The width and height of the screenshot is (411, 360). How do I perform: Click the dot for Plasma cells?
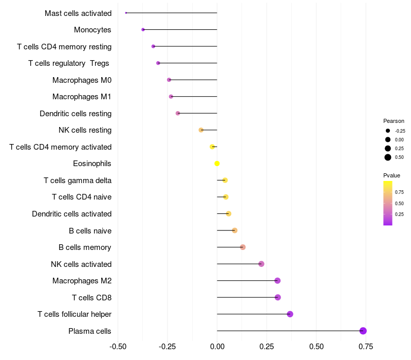pyautogui.click(x=363, y=331)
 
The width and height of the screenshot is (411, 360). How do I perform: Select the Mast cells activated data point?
pyautogui.click(x=126, y=13)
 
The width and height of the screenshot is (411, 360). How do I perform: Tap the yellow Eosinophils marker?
pyautogui.click(x=217, y=164)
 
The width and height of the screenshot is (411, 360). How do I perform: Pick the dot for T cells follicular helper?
pyautogui.click(x=290, y=314)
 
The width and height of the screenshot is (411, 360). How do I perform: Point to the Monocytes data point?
pyautogui.click(x=143, y=30)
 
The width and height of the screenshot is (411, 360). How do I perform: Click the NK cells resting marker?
pyautogui.click(x=201, y=130)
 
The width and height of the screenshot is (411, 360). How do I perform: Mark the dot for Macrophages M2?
pyautogui.click(x=277, y=281)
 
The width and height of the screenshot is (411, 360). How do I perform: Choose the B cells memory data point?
pyautogui.click(x=242, y=247)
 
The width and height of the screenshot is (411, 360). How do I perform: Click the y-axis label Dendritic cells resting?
pyautogui.click(x=76, y=113)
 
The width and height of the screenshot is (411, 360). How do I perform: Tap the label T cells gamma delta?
pyautogui.click(x=78, y=180)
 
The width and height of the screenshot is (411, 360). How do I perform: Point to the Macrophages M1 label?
pyautogui.click(x=82, y=97)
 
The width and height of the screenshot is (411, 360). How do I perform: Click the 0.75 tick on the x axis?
pyautogui.click(x=366, y=347)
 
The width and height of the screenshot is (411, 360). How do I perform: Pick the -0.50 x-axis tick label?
pyautogui.click(x=118, y=347)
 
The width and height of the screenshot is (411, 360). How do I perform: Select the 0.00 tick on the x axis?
pyautogui.click(x=217, y=347)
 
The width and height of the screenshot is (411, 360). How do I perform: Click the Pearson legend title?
pyautogui.click(x=394, y=121)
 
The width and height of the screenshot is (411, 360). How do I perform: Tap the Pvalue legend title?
pyautogui.click(x=391, y=176)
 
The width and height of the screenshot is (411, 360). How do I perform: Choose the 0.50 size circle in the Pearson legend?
pyautogui.click(x=388, y=157)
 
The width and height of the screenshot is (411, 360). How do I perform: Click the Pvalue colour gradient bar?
pyautogui.click(x=388, y=203)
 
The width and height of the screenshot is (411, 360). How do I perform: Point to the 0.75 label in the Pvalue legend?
pyautogui.click(x=399, y=192)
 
